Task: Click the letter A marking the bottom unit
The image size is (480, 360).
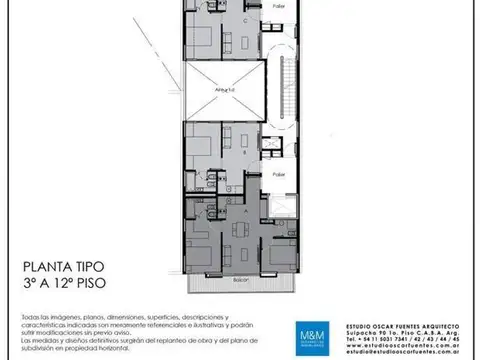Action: point(246,213)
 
